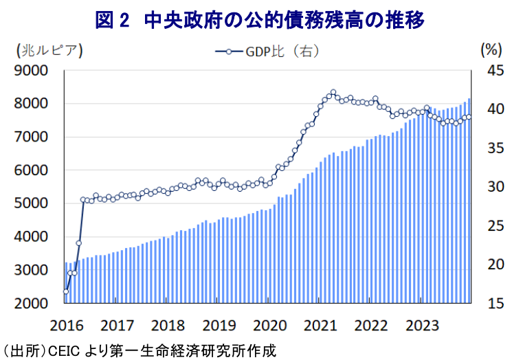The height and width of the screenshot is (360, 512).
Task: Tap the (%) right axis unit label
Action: point(489,50)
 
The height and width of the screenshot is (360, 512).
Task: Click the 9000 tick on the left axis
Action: point(32,70)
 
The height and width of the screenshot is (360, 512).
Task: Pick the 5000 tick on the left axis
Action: point(32,203)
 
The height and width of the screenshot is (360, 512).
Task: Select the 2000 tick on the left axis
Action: point(32,303)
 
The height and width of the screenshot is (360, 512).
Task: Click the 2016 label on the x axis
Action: point(66,324)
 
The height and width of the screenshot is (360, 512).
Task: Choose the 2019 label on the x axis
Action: point(219,324)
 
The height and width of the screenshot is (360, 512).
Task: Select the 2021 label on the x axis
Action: point(322,324)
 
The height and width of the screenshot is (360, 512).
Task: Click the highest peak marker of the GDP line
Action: point(333,92)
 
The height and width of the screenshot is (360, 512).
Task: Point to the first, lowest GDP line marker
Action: point(66,291)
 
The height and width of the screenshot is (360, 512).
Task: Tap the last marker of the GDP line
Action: point(469,117)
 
